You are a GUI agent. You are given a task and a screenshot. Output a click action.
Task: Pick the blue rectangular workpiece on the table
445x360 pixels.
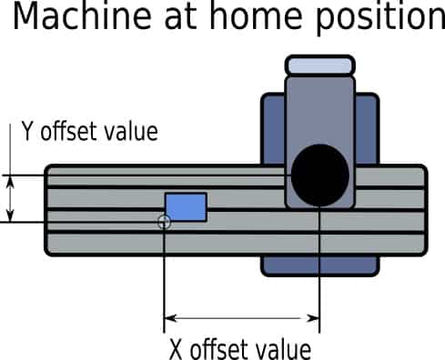186,206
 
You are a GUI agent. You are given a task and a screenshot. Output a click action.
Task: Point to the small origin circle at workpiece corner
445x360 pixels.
164,222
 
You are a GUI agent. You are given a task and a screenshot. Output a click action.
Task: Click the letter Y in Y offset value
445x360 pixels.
27,132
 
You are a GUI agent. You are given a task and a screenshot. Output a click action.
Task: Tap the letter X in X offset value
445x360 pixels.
177,349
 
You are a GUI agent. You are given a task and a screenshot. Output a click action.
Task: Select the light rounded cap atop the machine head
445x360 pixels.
319,65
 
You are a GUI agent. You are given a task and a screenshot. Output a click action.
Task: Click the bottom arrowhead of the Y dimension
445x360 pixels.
11,216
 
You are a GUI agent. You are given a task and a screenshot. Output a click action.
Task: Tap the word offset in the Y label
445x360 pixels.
69,132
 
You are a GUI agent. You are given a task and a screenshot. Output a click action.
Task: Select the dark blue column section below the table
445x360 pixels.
319,265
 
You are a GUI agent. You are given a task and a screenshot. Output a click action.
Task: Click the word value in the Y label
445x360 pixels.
130,132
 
